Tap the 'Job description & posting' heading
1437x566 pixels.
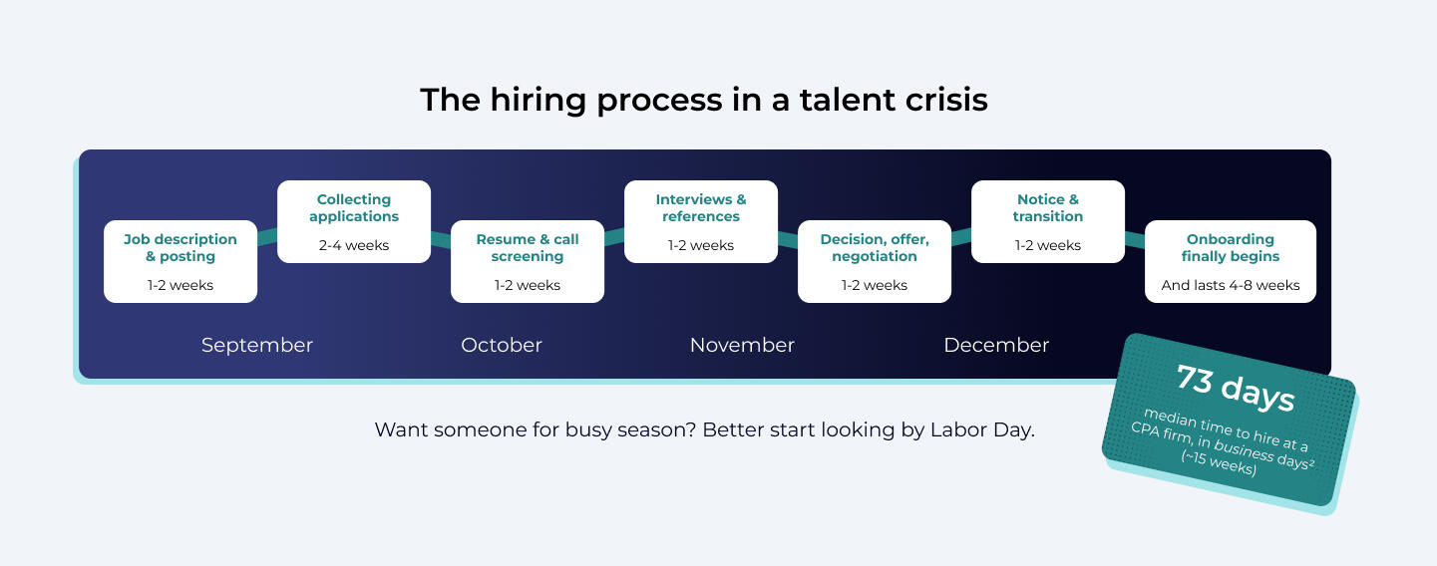pyautogui.click(x=180, y=247)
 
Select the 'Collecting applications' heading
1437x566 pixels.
pyautogui.click(x=354, y=207)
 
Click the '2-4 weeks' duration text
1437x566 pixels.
pyautogui.click(x=354, y=245)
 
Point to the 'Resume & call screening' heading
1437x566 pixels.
pyautogui.click(x=528, y=247)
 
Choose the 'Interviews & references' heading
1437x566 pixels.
pyautogui.click(x=701, y=207)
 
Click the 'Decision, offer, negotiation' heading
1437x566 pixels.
pyautogui.click(x=875, y=247)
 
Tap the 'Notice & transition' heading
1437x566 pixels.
pyautogui.click(x=1048, y=207)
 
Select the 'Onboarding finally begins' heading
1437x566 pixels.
pyautogui.click(x=1231, y=247)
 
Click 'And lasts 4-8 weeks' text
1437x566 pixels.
pyautogui.click(x=1231, y=285)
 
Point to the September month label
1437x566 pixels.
pyautogui.click(x=257, y=346)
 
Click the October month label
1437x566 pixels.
pyautogui.click(x=502, y=345)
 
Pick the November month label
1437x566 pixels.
pyautogui.click(x=742, y=345)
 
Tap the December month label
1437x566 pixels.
pyautogui.click(x=996, y=345)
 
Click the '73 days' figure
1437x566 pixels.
pyautogui.click(x=1236, y=388)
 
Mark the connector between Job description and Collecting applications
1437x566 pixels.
pyautogui.click(x=267, y=236)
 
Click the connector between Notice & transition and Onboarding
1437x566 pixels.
pyautogui.click(x=1135, y=240)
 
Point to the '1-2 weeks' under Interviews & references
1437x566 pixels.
pyautogui.click(x=701, y=245)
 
